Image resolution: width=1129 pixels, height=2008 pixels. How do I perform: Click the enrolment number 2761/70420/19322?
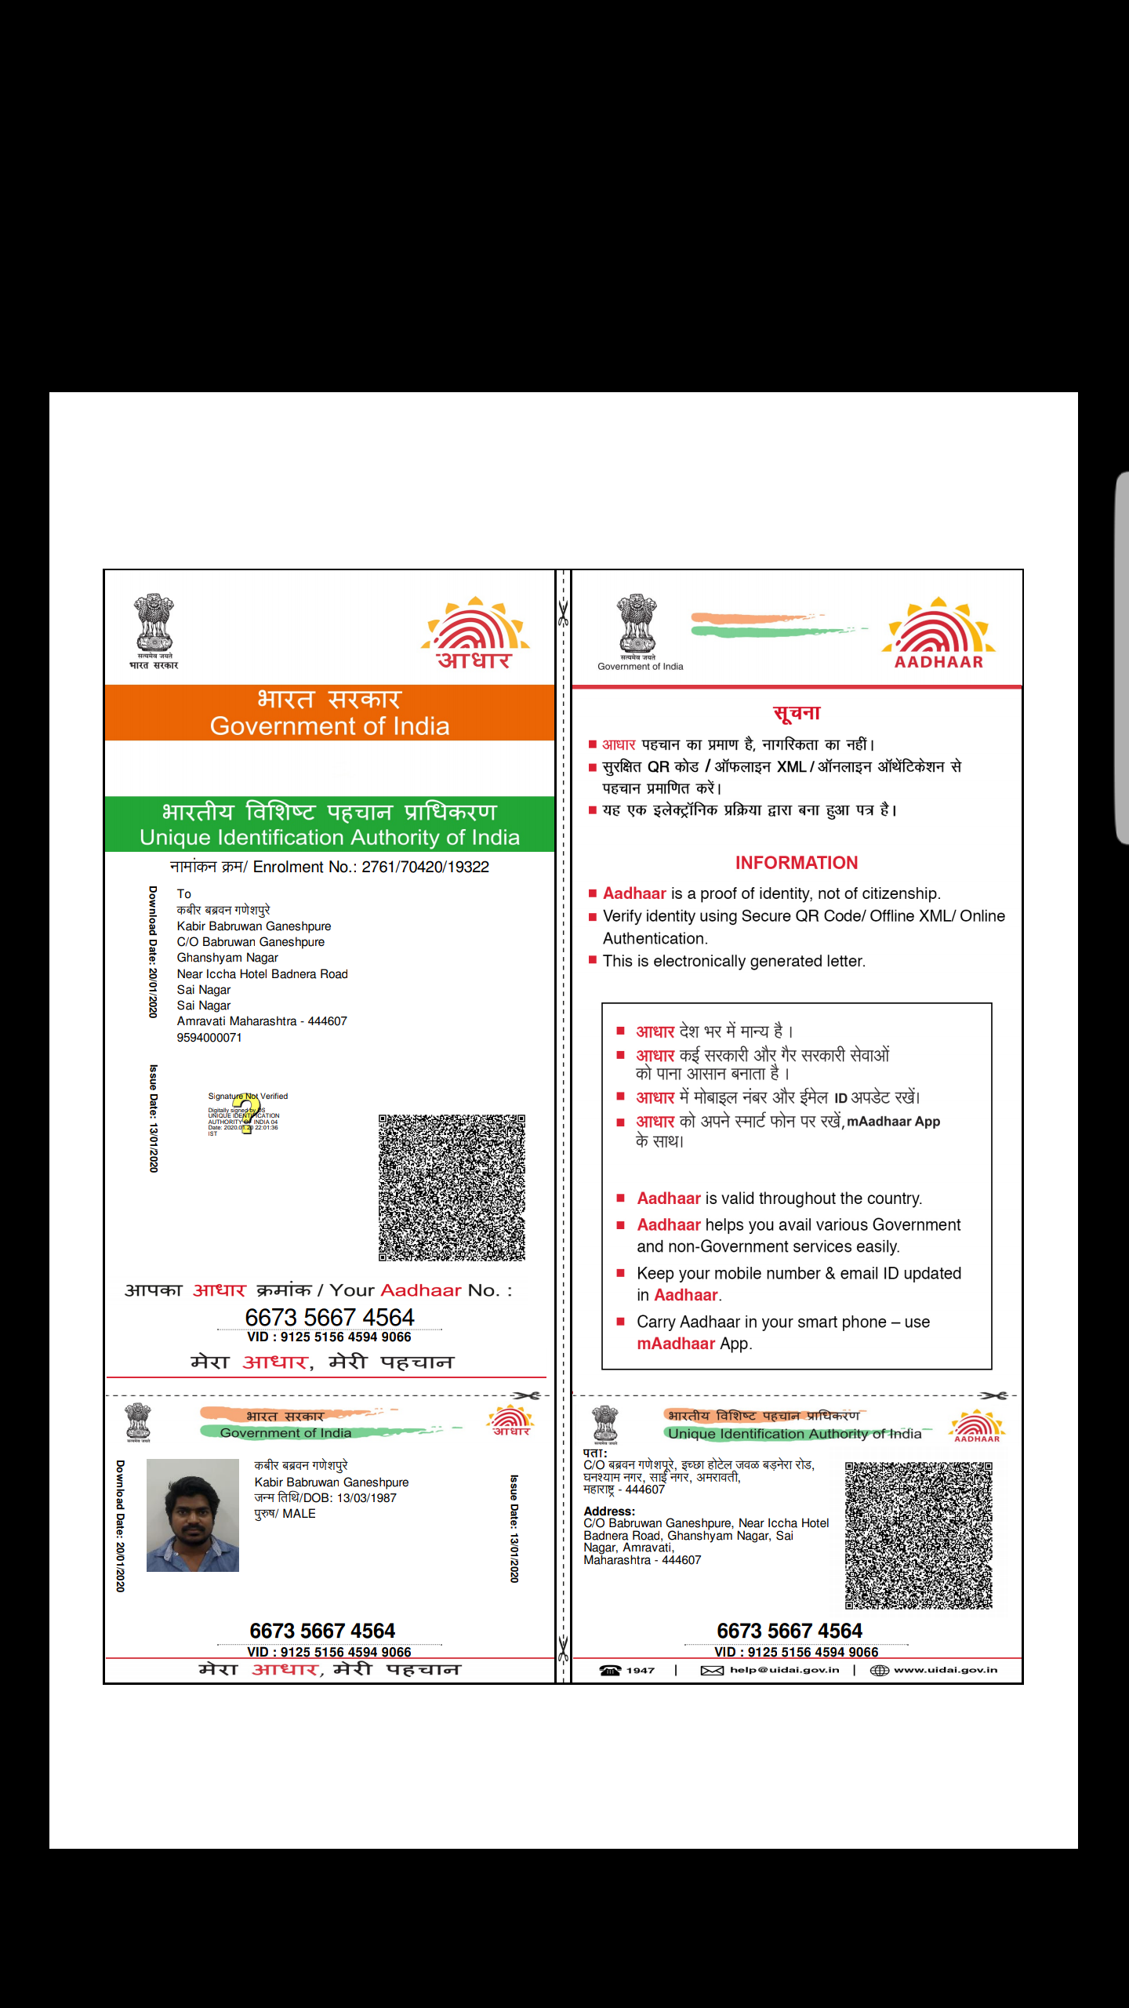point(425,867)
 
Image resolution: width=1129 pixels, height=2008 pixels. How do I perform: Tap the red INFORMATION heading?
point(797,863)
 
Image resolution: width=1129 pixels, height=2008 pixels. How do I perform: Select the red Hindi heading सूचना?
point(797,713)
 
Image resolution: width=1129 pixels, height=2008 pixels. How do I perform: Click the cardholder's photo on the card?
point(193,1515)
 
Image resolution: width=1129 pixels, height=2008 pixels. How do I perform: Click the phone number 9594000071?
point(209,1038)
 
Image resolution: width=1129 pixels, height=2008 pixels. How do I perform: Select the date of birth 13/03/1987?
point(367,1498)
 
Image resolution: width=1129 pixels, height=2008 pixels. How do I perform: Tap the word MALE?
point(299,1514)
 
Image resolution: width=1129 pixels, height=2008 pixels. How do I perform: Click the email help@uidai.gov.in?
point(784,1670)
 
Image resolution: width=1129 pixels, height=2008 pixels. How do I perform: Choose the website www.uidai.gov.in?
point(946,1670)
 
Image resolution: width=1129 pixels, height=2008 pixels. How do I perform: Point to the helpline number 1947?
point(640,1670)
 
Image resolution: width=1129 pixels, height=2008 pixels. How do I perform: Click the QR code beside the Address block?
point(918,1535)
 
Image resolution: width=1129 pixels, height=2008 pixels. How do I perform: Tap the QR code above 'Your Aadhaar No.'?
point(452,1188)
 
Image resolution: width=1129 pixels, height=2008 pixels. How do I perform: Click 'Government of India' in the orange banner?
point(329,726)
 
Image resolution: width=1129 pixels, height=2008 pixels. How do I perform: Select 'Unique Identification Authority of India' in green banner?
point(329,838)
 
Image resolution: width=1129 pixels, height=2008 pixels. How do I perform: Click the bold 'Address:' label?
point(609,1511)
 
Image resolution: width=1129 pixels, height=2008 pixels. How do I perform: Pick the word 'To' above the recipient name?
point(184,894)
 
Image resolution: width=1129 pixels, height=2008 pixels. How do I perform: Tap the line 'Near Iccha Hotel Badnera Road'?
point(262,974)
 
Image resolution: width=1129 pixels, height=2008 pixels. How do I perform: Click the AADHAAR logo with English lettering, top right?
point(938,634)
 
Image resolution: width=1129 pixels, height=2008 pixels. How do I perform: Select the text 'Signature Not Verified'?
point(248,1097)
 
